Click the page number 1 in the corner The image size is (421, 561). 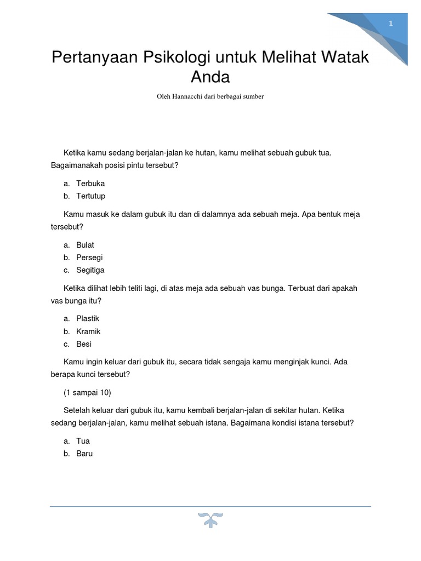point(391,23)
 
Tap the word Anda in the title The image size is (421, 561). point(210,76)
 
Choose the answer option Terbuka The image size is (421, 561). point(90,184)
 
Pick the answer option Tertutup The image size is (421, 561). point(91,196)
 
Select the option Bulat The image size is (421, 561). point(85,245)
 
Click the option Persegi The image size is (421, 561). point(89,257)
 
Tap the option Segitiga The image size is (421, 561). point(90,270)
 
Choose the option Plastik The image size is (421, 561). point(88,318)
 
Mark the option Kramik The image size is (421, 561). point(88,331)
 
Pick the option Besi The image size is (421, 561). point(84,344)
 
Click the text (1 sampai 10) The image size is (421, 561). point(87,392)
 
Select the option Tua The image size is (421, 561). point(83,441)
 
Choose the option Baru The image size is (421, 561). point(84,454)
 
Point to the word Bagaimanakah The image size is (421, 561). point(78,165)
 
